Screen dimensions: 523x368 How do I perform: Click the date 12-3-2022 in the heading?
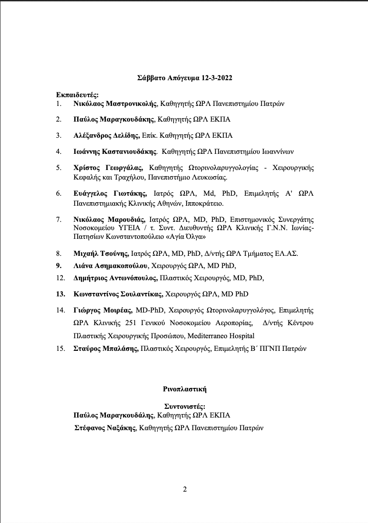(217, 78)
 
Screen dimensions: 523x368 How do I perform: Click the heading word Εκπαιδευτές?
(76, 95)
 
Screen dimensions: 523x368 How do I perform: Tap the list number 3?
(58, 135)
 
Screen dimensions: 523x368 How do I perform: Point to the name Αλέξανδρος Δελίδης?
(107, 135)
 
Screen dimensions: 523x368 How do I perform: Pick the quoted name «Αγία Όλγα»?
(187, 237)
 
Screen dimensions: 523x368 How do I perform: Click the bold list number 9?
(58, 265)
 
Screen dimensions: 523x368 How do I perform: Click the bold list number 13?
(61, 294)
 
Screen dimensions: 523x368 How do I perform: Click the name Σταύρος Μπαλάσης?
(107, 349)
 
